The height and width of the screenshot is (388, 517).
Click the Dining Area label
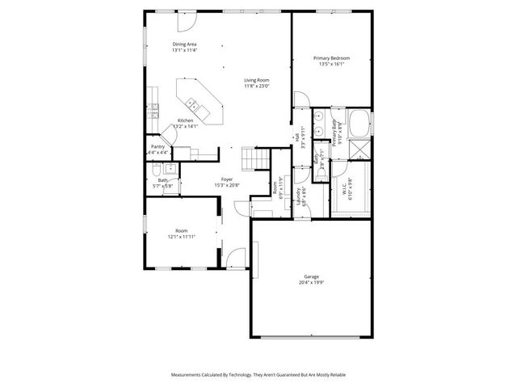point(184,44)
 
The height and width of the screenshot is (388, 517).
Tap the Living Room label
point(257,79)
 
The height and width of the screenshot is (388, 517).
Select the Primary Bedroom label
point(331,57)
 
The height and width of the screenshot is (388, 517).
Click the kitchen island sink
point(193,104)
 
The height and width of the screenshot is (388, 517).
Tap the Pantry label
point(158,146)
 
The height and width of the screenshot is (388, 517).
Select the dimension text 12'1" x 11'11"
point(181,237)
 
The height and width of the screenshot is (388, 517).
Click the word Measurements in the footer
point(188,375)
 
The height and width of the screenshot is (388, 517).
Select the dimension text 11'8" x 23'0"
point(257,86)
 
